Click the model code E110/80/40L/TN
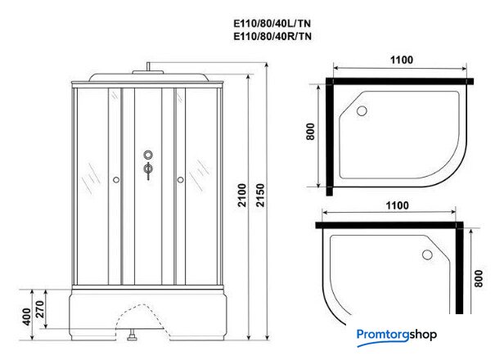click(272, 24)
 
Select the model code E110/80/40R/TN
click(272, 36)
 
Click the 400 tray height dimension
click(27, 317)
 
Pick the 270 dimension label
click(39, 309)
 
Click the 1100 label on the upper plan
click(402, 60)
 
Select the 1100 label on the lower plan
click(398, 205)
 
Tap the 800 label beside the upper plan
click(311, 132)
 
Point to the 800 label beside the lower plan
click(479, 278)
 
